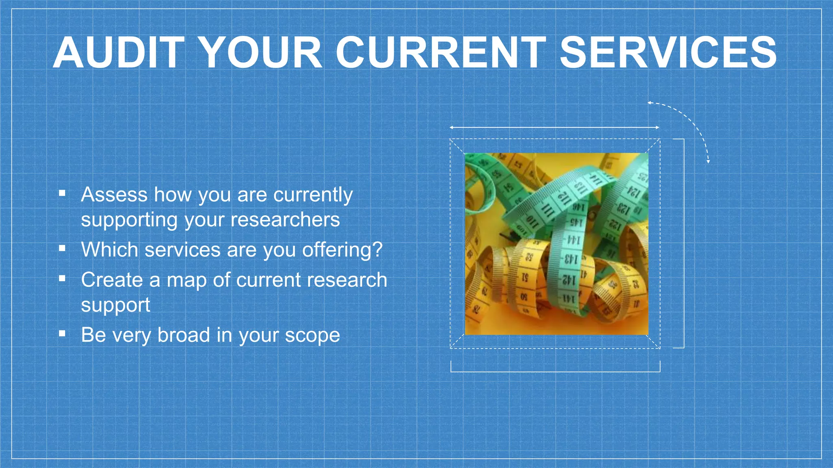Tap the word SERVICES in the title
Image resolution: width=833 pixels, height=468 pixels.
(x=668, y=53)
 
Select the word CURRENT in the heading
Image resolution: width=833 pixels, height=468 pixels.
(x=441, y=53)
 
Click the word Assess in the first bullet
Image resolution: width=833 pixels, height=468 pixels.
(x=114, y=195)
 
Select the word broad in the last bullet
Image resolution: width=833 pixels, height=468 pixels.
(x=183, y=335)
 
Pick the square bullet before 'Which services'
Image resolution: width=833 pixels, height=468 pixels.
(x=62, y=248)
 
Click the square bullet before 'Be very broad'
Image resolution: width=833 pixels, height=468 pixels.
(x=62, y=334)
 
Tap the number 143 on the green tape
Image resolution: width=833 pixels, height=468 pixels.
(x=570, y=258)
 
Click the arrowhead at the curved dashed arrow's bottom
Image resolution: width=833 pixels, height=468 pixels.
(x=708, y=162)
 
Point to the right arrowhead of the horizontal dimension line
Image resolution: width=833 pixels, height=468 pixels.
(x=657, y=128)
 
